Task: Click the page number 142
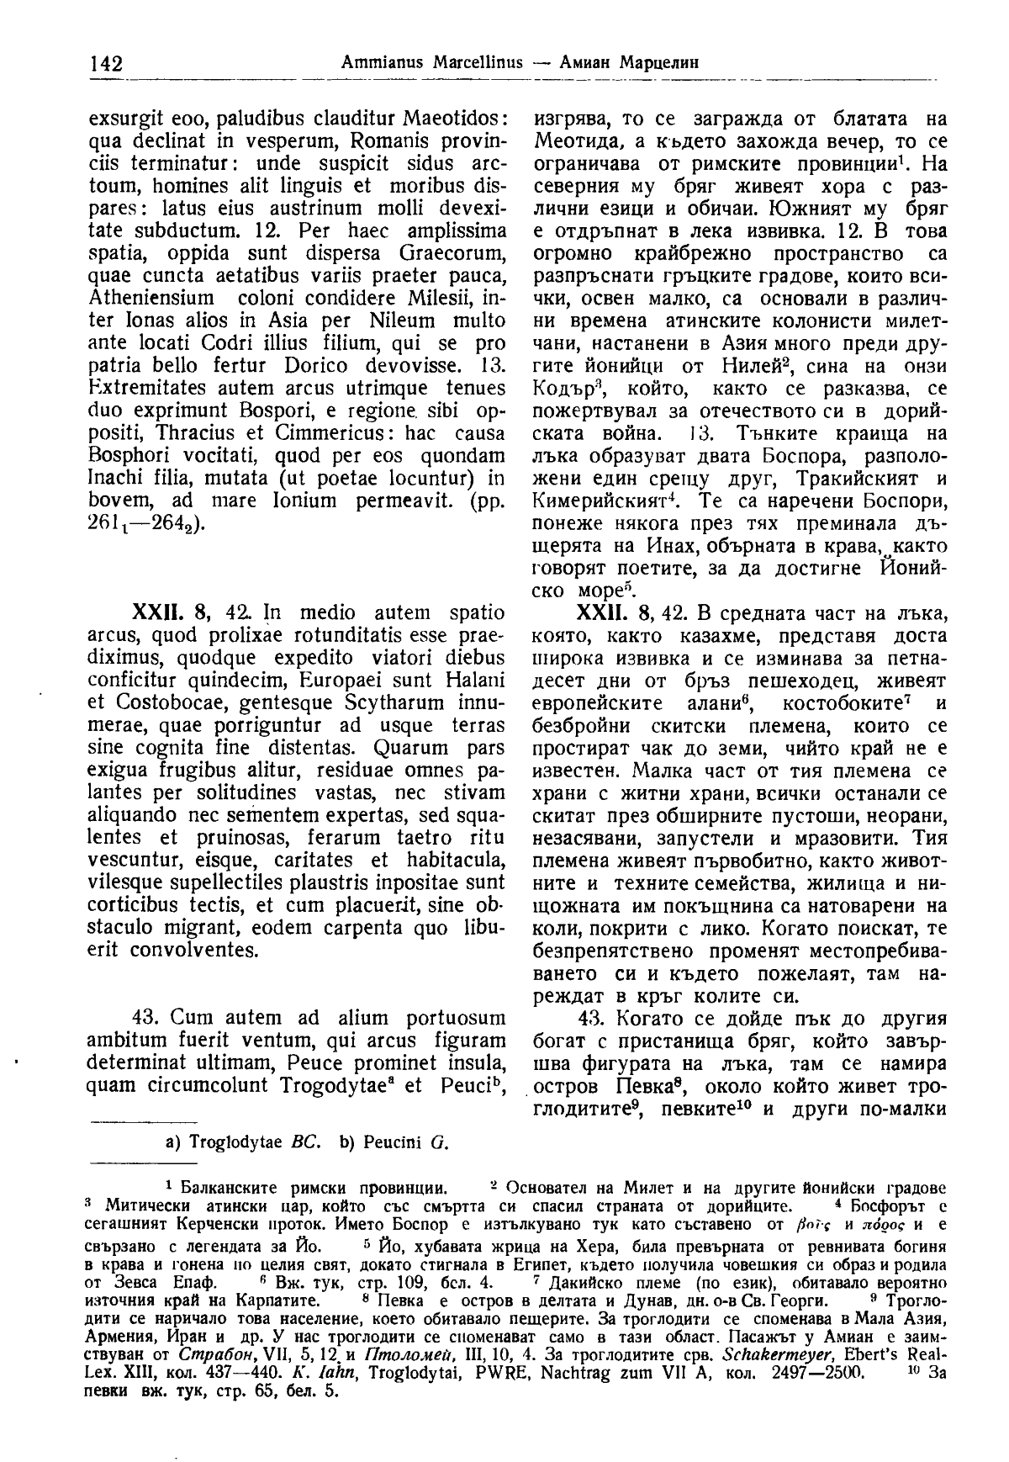[105, 63]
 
